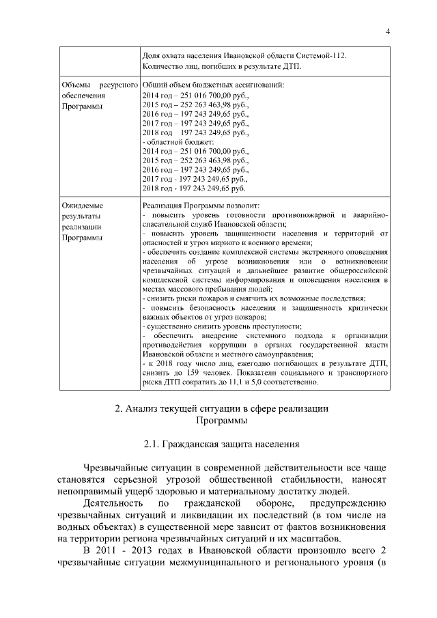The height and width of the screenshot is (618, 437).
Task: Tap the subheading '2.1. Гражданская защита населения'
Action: point(221,445)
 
